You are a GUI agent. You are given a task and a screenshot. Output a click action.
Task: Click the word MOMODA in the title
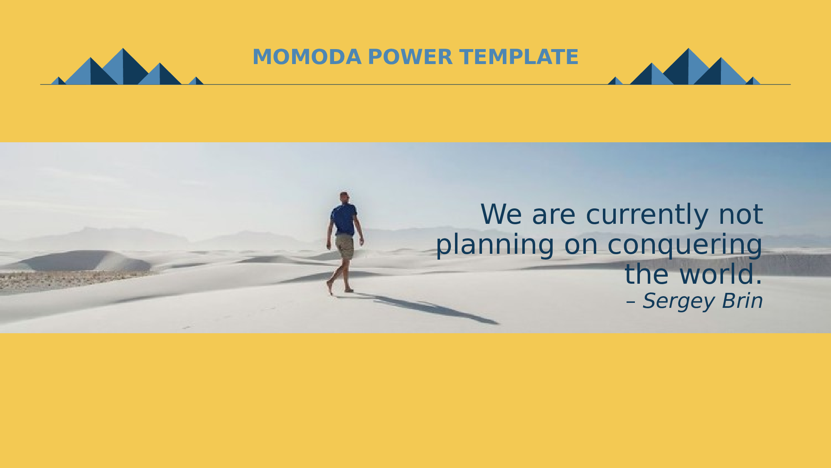[x=307, y=57]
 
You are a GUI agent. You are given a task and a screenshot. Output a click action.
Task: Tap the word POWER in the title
[x=410, y=57]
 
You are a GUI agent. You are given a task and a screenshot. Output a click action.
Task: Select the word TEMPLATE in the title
[x=519, y=57]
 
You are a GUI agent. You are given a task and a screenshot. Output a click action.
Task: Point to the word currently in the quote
[x=647, y=215]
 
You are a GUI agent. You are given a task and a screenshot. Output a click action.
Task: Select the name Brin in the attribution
[x=742, y=301]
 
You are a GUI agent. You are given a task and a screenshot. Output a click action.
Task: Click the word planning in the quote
[x=495, y=245]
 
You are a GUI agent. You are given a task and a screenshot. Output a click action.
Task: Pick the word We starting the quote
[x=501, y=215]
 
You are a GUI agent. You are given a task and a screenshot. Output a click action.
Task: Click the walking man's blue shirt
[x=344, y=219]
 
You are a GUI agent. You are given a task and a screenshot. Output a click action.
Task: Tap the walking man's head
[x=344, y=197]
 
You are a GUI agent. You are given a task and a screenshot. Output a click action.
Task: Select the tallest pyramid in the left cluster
[x=123, y=66]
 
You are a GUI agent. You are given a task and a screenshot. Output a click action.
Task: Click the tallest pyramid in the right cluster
[x=688, y=66]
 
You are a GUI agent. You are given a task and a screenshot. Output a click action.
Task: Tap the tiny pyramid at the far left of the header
[x=59, y=81]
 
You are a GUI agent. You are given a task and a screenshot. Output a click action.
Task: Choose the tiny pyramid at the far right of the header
[x=753, y=81]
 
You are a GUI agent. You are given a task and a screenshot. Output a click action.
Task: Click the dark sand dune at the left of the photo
[x=83, y=261]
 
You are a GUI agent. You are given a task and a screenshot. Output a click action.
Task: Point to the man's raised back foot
[x=329, y=287]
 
